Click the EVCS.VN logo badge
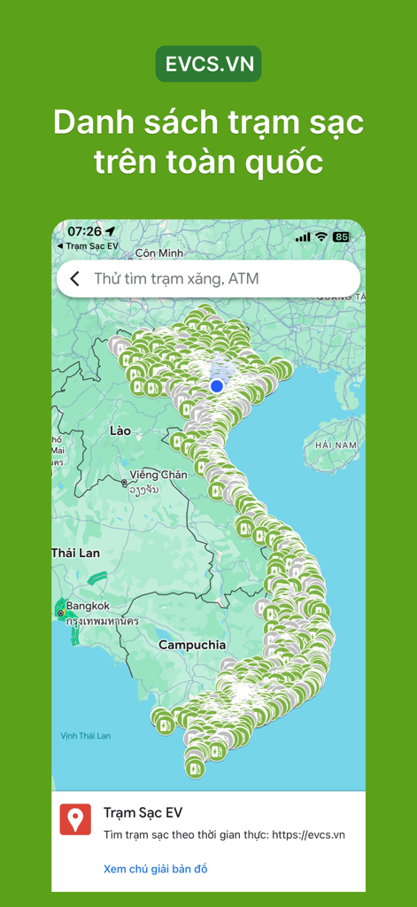(208, 65)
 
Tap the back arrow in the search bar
(75, 279)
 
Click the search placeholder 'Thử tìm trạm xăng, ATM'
(176, 279)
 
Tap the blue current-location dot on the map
(217, 386)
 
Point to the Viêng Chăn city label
(158, 475)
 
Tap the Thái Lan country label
(76, 553)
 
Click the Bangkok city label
(88, 606)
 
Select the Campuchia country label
(192, 645)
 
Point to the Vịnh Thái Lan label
(86, 735)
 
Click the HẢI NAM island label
(336, 445)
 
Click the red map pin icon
(75, 819)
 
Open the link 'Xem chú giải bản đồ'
(156, 869)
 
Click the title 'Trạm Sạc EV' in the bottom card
(143, 813)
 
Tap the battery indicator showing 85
(341, 237)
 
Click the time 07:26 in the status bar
(84, 232)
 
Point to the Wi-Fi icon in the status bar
(320, 237)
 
